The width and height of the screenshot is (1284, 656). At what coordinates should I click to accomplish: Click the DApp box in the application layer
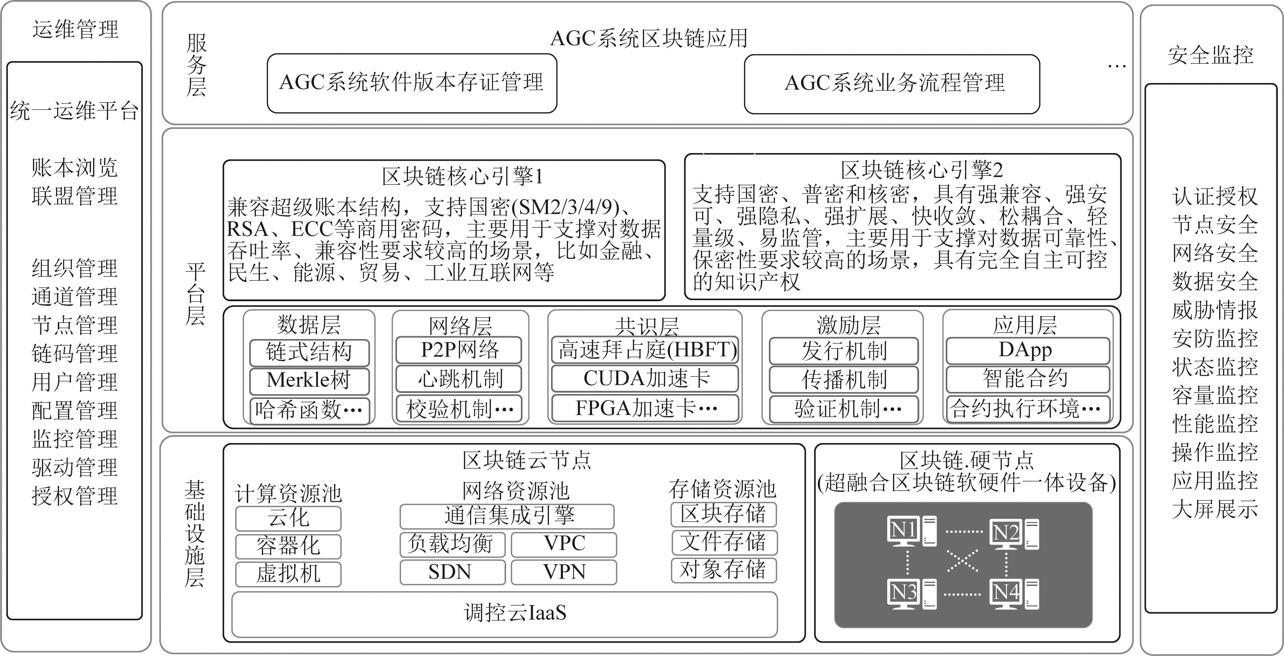click(1028, 351)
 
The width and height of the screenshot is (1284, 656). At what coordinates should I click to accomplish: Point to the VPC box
click(564, 544)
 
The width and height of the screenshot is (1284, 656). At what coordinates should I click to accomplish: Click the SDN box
click(453, 572)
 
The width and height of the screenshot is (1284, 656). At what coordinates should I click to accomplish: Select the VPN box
click(564, 572)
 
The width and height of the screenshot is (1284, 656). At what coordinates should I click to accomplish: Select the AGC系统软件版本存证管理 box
click(412, 83)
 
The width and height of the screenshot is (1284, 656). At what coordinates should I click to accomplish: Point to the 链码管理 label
click(75, 354)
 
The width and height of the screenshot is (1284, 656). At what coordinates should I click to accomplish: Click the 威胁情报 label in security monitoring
click(1215, 310)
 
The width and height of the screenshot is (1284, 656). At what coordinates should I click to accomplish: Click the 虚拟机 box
click(288, 574)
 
